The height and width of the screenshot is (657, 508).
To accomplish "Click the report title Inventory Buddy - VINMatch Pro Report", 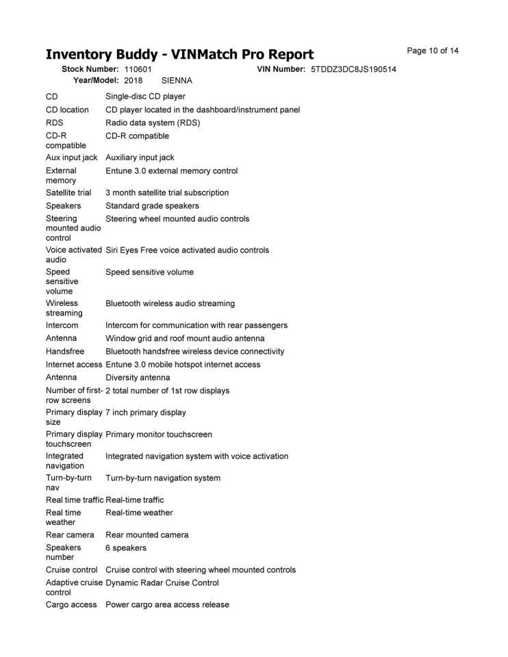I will click(x=179, y=55).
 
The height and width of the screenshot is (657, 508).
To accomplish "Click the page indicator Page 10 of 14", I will click(x=433, y=51).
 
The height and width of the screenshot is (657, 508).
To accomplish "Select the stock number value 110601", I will click(x=138, y=70).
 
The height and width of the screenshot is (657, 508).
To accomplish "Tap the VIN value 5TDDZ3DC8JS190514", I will click(x=353, y=70).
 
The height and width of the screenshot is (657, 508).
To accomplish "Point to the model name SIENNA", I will click(x=177, y=81).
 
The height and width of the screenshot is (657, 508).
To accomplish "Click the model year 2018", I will click(x=133, y=81).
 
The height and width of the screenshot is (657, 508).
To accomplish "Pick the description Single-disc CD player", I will click(x=145, y=96).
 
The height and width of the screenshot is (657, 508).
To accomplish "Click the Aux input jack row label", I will click(x=71, y=158).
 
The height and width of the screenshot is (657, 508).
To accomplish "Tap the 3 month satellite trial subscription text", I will click(x=167, y=193).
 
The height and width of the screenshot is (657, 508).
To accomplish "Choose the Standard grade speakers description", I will click(x=152, y=206).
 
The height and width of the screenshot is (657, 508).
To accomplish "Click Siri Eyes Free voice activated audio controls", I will click(x=187, y=250).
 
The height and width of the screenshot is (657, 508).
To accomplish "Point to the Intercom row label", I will click(x=62, y=326).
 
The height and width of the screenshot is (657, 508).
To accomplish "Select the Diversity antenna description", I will click(x=138, y=378).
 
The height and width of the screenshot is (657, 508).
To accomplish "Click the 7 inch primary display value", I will click(x=145, y=413).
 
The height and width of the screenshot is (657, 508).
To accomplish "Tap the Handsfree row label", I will click(x=65, y=352).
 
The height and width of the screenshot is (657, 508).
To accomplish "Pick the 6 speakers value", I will click(x=125, y=548).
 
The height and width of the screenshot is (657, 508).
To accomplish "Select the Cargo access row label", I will click(x=71, y=605).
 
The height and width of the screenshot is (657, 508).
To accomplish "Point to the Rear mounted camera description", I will click(x=147, y=535).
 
